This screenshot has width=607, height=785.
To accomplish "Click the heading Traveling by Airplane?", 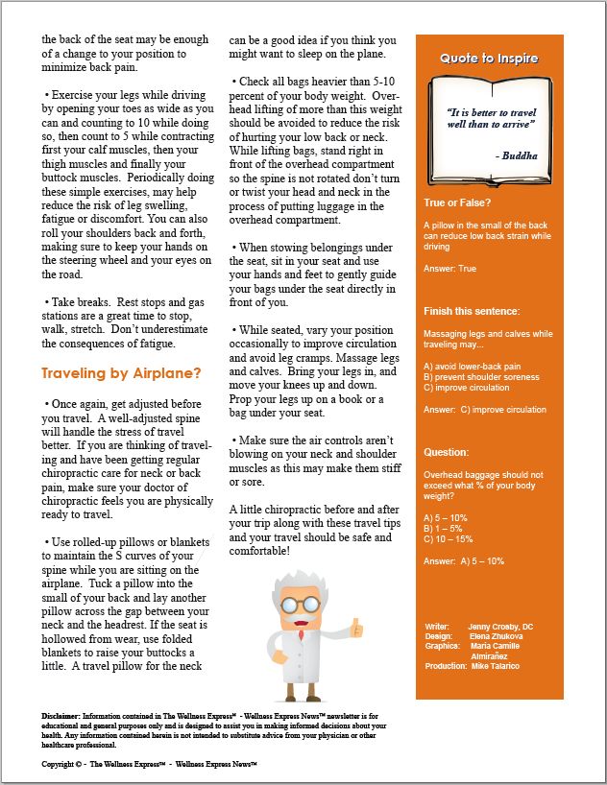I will click(x=121, y=372).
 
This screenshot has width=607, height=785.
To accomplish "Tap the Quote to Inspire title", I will click(x=489, y=59).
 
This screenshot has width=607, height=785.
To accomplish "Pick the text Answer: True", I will click(x=449, y=269).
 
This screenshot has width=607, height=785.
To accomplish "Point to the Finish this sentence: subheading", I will click(x=472, y=312).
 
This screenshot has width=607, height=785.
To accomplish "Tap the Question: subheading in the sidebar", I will click(x=447, y=452).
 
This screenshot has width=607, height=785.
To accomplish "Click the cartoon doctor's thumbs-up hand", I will click(x=357, y=628).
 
